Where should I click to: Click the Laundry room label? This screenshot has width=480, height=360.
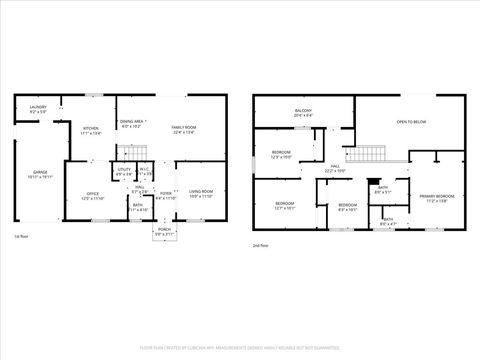(38, 108)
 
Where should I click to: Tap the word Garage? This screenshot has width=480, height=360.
(39, 172)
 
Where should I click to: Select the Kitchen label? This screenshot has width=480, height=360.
(90, 129)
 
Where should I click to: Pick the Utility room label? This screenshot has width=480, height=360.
(125, 170)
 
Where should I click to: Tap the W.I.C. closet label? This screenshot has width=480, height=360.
(144, 169)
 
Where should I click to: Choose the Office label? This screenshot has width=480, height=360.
(92, 194)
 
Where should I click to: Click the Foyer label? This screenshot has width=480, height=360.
(165, 194)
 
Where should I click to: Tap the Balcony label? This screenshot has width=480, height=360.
(303, 110)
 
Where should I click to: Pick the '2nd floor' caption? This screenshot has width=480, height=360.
(260, 244)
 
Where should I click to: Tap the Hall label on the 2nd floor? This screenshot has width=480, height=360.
(334, 167)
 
